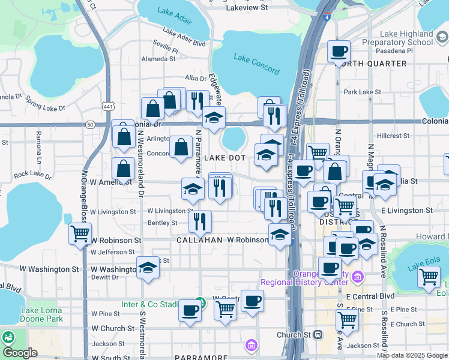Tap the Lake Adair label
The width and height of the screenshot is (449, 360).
coord(174,16)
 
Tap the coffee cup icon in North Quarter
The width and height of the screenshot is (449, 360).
coord(339,52)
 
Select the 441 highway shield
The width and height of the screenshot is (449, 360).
coord(108,106)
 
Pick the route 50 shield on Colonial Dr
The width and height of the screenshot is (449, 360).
coord(90,124)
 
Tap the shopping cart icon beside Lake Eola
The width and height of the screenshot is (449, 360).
coord(428,277)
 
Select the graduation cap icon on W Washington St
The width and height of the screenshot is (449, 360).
coord(147,268)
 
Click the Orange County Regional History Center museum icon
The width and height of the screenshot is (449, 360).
coord(358,277)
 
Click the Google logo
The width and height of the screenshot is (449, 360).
coord(20,352)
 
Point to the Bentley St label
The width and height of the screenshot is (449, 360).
coord(162,223)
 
